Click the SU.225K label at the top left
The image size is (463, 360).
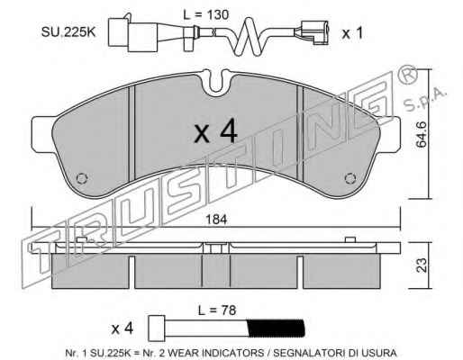point(68,32)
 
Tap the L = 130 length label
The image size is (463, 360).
point(206,14)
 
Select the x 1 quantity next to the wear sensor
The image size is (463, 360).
point(352,33)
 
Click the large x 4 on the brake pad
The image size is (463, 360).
point(215,130)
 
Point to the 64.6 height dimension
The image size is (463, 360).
point(422,134)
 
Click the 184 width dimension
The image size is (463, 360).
point(216,220)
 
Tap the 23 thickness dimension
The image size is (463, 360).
point(422,265)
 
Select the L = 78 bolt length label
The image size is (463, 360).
point(217,310)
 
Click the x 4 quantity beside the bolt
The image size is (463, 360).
point(123,328)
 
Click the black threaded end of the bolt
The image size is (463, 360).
point(276,328)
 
